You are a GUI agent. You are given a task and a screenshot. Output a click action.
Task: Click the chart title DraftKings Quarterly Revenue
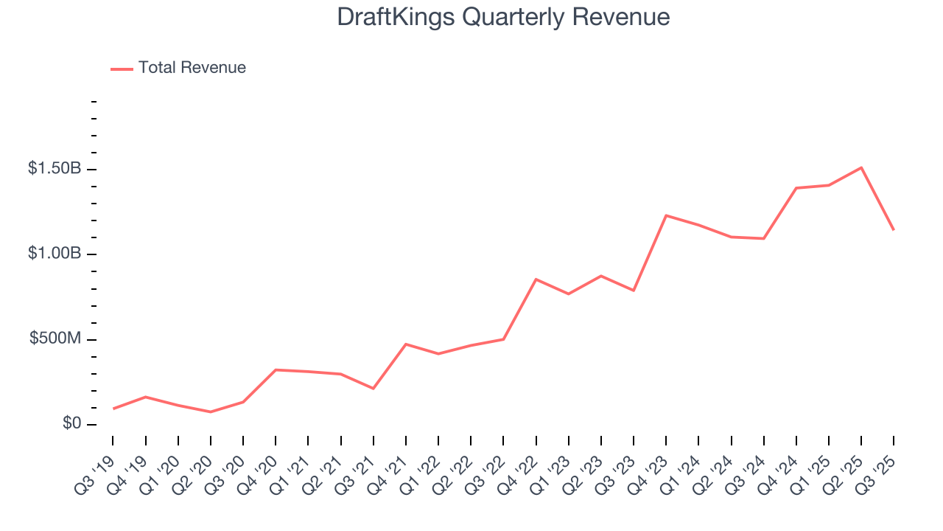coord(503,17)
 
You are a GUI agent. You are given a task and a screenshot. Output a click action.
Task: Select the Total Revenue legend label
coord(192,68)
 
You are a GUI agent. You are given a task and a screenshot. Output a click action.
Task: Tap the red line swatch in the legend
coord(122,69)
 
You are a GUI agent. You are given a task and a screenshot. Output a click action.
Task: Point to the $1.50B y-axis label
coord(55,169)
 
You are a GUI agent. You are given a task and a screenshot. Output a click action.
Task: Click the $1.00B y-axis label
coord(55,254)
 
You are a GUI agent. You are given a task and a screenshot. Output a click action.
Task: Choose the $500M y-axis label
coord(55,339)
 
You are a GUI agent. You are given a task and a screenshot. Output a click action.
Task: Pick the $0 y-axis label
coord(71,424)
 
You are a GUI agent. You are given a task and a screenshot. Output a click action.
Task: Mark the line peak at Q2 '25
coord(861,167)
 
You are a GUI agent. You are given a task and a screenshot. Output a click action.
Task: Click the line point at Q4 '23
coord(666,215)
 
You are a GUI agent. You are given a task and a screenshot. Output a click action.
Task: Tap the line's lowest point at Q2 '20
coord(211,412)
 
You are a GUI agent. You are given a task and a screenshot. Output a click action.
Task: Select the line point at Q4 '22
coord(536,280)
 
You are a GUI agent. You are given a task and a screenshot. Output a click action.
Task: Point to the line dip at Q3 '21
coord(374,388)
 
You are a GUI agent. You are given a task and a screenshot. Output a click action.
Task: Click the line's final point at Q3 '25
coord(894,230)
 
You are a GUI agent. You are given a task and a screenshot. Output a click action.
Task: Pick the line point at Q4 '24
coord(796,188)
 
